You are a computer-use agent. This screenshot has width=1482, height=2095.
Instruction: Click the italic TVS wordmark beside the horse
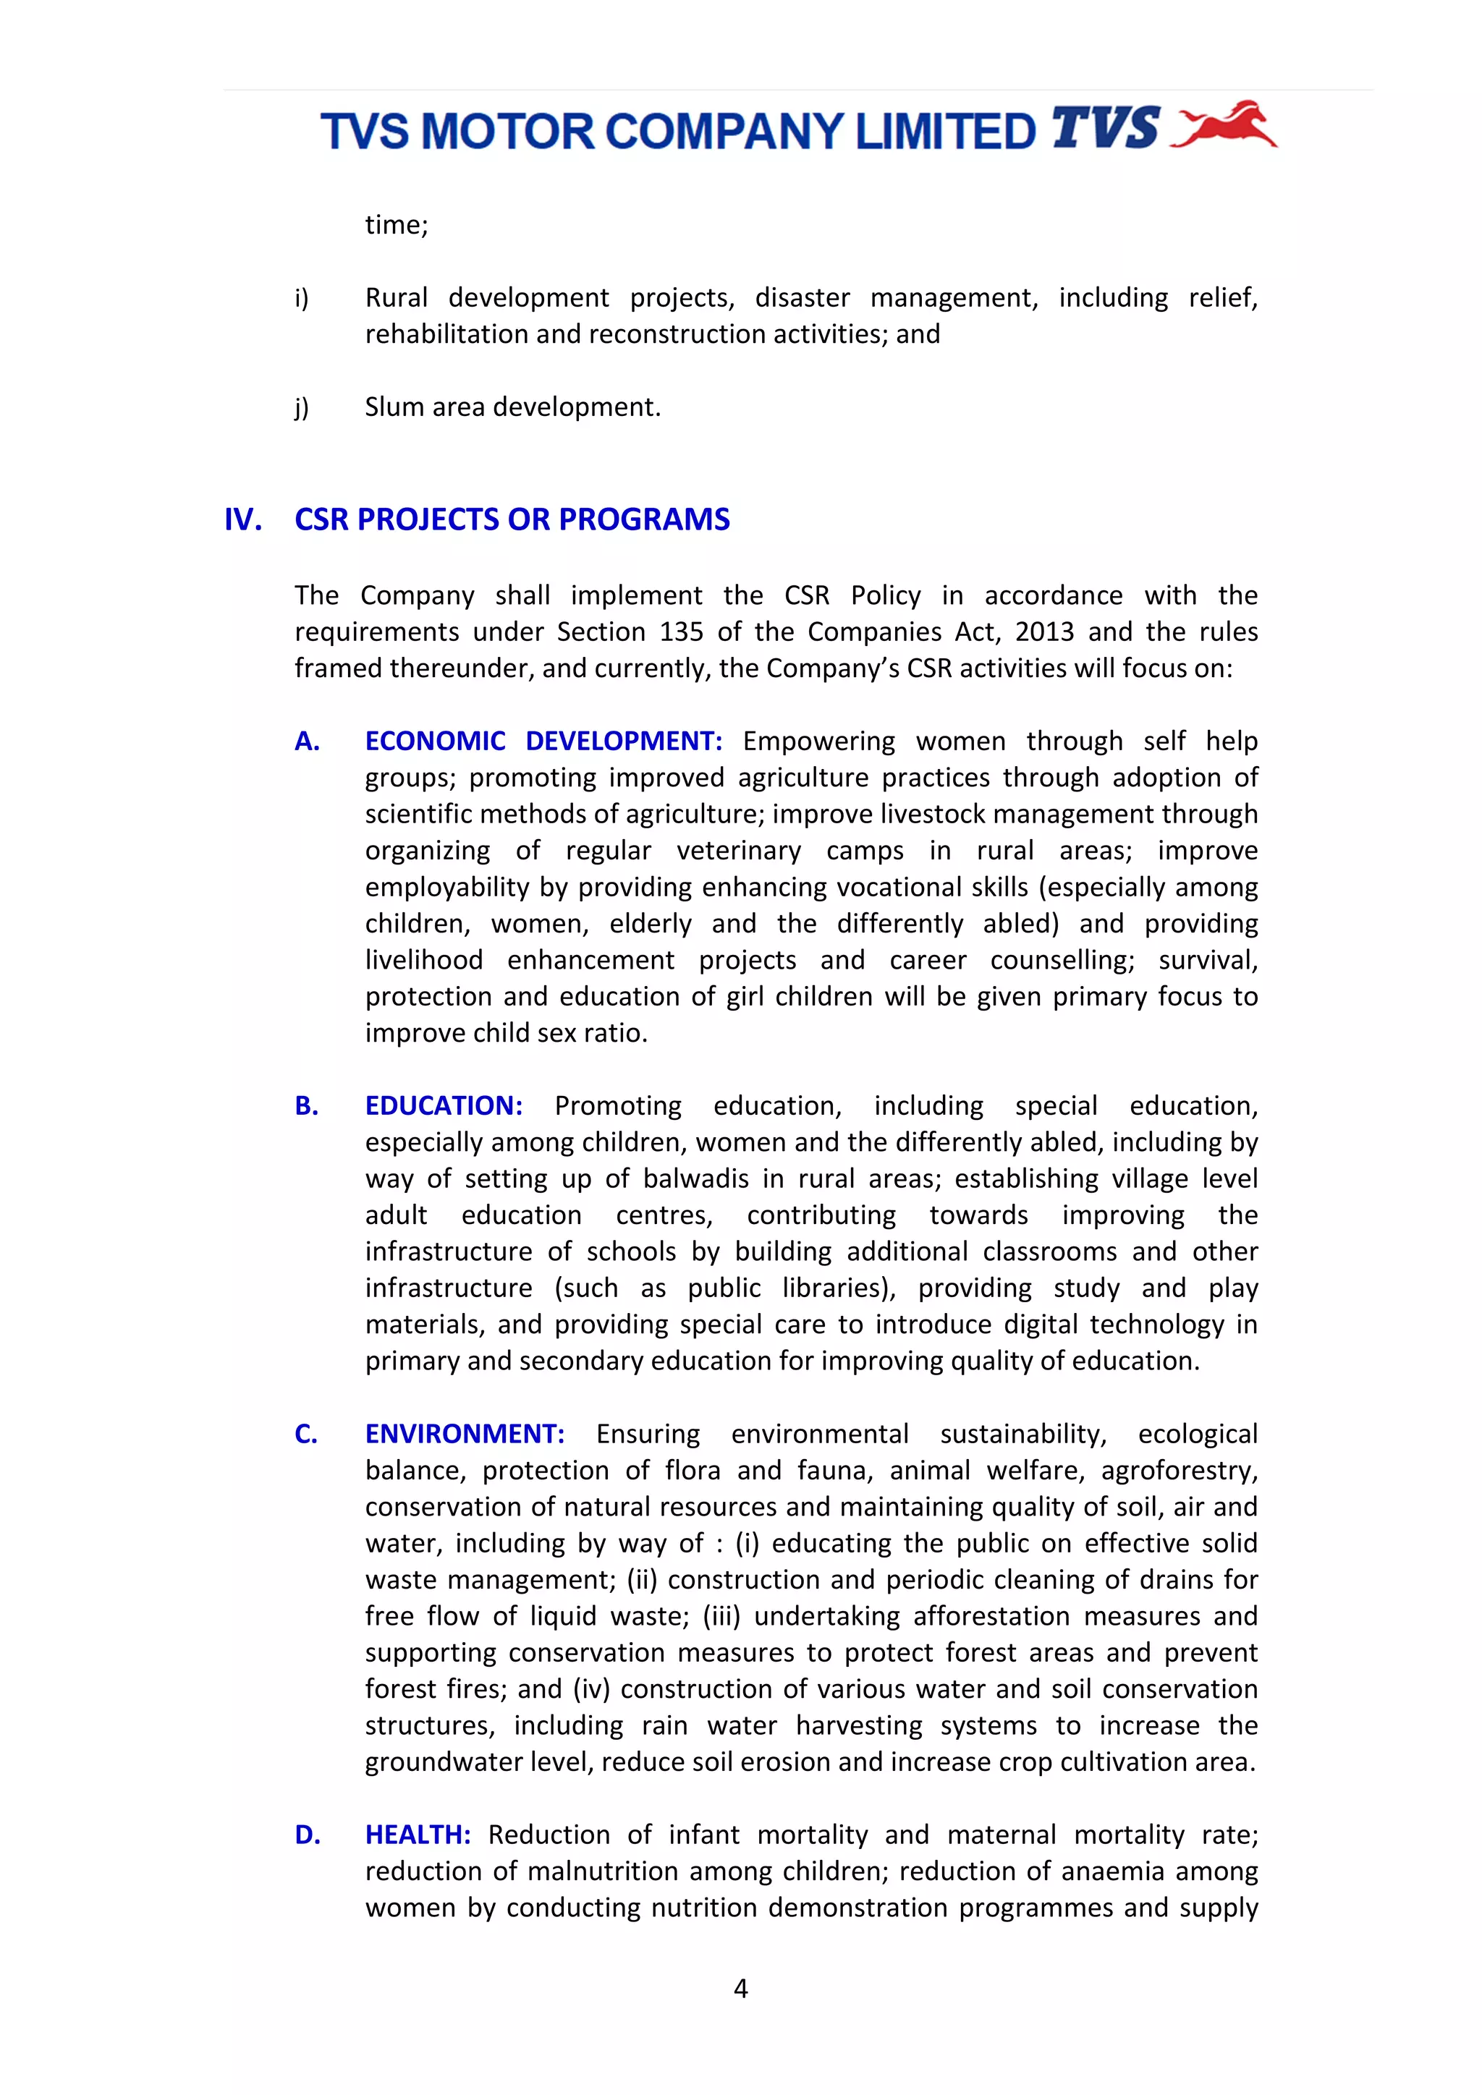click(1105, 129)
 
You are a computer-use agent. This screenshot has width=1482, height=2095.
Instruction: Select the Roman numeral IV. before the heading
click(242, 520)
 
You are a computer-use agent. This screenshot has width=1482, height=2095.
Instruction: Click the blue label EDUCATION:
click(444, 1106)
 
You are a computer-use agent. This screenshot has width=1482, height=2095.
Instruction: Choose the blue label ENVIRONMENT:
click(465, 1435)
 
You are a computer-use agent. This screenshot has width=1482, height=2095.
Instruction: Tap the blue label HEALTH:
click(418, 1835)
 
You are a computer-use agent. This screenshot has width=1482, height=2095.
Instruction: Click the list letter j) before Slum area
click(302, 408)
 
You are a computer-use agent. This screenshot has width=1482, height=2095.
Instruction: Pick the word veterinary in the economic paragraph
click(738, 851)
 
